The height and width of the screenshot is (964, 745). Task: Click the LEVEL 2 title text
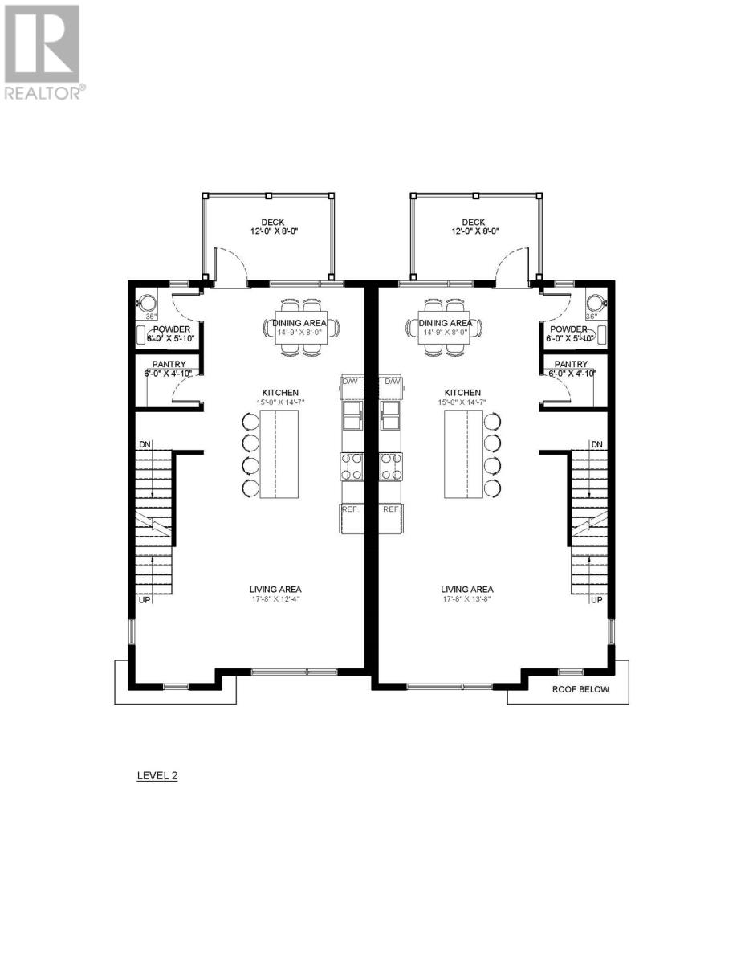(x=154, y=776)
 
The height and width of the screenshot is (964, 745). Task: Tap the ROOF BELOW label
(x=580, y=689)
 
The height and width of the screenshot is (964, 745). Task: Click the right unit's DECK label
(x=474, y=223)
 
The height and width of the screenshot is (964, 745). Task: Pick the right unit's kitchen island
(x=463, y=453)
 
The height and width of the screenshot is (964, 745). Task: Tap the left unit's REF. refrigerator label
(x=350, y=509)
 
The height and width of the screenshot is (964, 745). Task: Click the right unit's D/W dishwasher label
(x=393, y=381)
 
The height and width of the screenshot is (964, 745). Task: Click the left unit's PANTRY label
(x=169, y=364)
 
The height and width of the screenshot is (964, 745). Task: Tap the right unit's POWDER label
(x=568, y=329)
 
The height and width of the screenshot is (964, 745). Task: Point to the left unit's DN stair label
(x=145, y=444)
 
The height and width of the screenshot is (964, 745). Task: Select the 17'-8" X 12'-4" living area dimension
(x=275, y=599)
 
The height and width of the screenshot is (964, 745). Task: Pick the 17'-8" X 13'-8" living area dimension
(x=467, y=599)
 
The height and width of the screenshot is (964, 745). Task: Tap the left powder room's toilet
(x=148, y=303)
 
